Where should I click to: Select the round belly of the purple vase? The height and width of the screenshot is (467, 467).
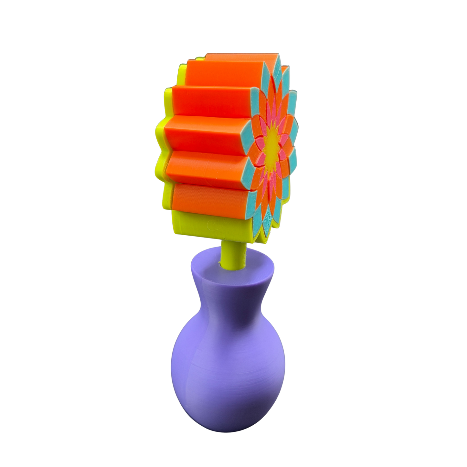228,368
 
